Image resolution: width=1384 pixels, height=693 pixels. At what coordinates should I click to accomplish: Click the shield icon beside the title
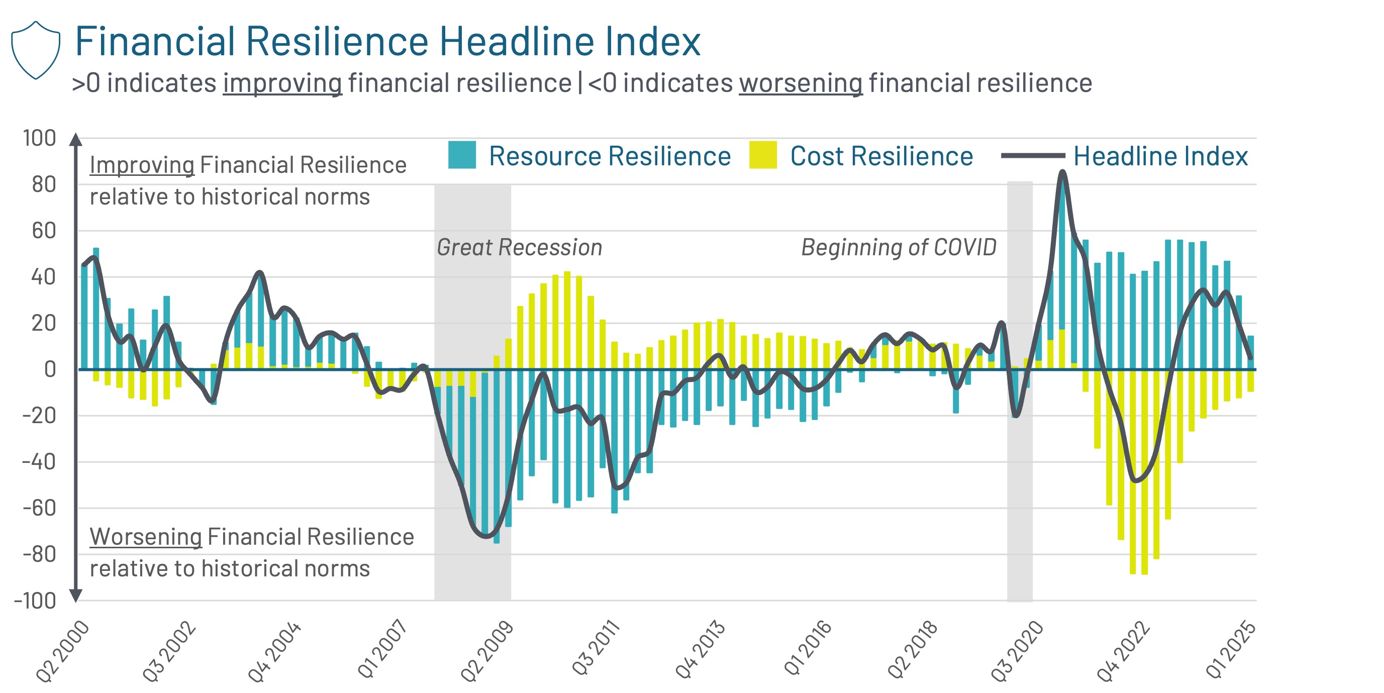(x=36, y=50)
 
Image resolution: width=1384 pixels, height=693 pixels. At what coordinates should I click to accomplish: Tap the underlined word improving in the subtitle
(x=282, y=83)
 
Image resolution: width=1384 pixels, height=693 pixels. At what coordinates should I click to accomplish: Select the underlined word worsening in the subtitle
(x=801, y=83)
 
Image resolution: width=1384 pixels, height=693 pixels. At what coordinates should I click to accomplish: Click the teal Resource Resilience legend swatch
(x=461, y=155)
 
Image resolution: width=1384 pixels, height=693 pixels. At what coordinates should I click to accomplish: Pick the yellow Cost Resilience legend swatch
(x=762, y=155)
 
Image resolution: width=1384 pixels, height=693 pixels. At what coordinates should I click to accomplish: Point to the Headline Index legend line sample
(x=1032, y=155)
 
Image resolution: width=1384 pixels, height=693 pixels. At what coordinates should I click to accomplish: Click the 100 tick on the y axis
(x=39, y=138)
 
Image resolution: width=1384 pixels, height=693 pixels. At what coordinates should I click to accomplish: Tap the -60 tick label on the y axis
(x=39, y=508)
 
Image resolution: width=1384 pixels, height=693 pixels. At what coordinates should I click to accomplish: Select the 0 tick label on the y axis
(x=50, y=369)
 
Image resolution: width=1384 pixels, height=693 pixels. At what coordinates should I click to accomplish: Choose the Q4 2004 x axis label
(x=274, y=651)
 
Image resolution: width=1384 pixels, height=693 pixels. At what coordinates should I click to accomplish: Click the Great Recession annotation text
(x=519, y=247)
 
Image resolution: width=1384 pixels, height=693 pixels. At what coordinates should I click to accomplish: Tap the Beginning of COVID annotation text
(x=899, y=247)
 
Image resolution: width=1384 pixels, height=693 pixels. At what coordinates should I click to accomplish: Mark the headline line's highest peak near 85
(x=1062, y=172)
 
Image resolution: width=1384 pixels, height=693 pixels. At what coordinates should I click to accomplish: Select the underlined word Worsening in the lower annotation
(x=146, y=536)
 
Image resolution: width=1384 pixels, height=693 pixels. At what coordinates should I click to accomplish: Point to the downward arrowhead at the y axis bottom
(x=76, y=595)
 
